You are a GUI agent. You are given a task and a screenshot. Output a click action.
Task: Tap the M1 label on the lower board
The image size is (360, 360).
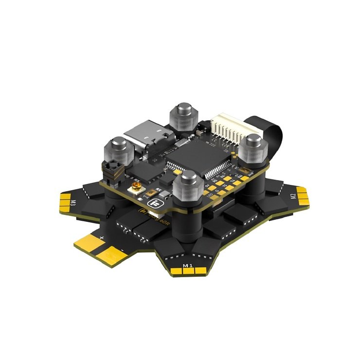point(187,265)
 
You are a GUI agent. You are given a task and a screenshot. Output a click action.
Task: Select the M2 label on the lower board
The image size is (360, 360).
point(293,197)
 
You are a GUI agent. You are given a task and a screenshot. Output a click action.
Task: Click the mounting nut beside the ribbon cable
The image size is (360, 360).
point(253,145)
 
